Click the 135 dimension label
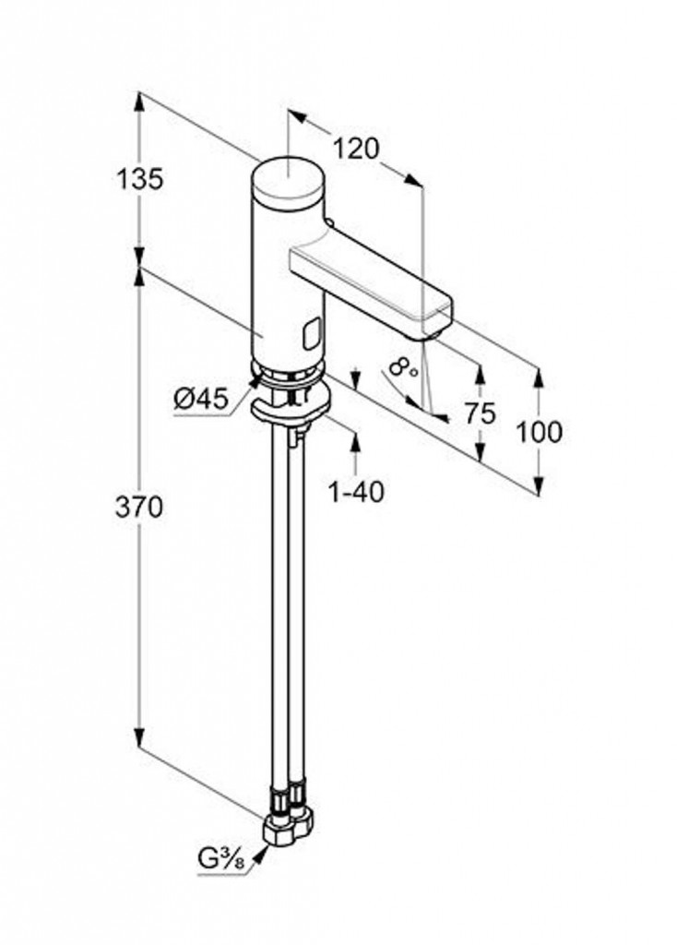[x=139, y=180]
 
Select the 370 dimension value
[x=139, y=508]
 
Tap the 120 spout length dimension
[x=357, y=149]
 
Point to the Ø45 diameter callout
[x=201, y=399]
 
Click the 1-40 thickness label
[x=355, y=493]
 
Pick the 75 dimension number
[x=480, y=413]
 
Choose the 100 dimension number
[x=539, y=432]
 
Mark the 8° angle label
[x=403, y=367]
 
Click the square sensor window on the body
[x=313, y=334]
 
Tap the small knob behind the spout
[x=329, y=223]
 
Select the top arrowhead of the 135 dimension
[x=139, y=102]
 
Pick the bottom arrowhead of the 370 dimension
[x=139, y=737]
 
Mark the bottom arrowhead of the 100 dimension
[x=539, y=485]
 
